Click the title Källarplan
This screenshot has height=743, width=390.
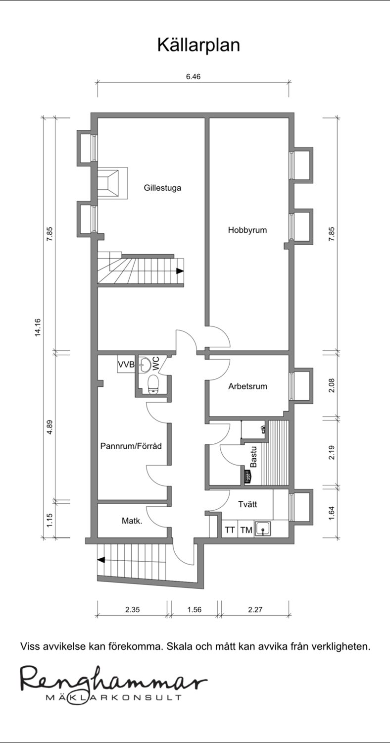[x=198, y=46]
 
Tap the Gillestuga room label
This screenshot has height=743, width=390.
[x=162, y=188]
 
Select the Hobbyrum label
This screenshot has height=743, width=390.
[x=247, y=230]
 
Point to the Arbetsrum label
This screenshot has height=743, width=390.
[x=247, y=386]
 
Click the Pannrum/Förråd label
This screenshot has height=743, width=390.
[x=131, y=446]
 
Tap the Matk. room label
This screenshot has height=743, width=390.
[x=132, y=521]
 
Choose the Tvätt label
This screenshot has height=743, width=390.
[x=247, y=504]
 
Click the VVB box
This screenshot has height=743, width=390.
[x=126, y=364]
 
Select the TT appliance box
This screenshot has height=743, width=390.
[x=230, y=530]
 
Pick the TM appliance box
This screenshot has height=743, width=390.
[x=246, y=530]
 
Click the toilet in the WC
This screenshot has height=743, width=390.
[x=153, y=385]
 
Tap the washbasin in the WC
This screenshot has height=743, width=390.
[x=144, y=364]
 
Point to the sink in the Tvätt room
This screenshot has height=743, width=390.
[x=263, y=529]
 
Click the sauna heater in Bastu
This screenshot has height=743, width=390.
[x=247, y=478]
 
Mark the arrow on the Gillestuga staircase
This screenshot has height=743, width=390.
[x=180, y=271]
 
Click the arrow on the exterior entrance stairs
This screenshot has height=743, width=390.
[x=101, y=560]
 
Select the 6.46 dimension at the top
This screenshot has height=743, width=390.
[x=193, y=77]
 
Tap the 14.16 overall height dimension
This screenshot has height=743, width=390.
[x=38, y=327]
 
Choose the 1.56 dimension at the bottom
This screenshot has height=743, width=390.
[x=194, y=609]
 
